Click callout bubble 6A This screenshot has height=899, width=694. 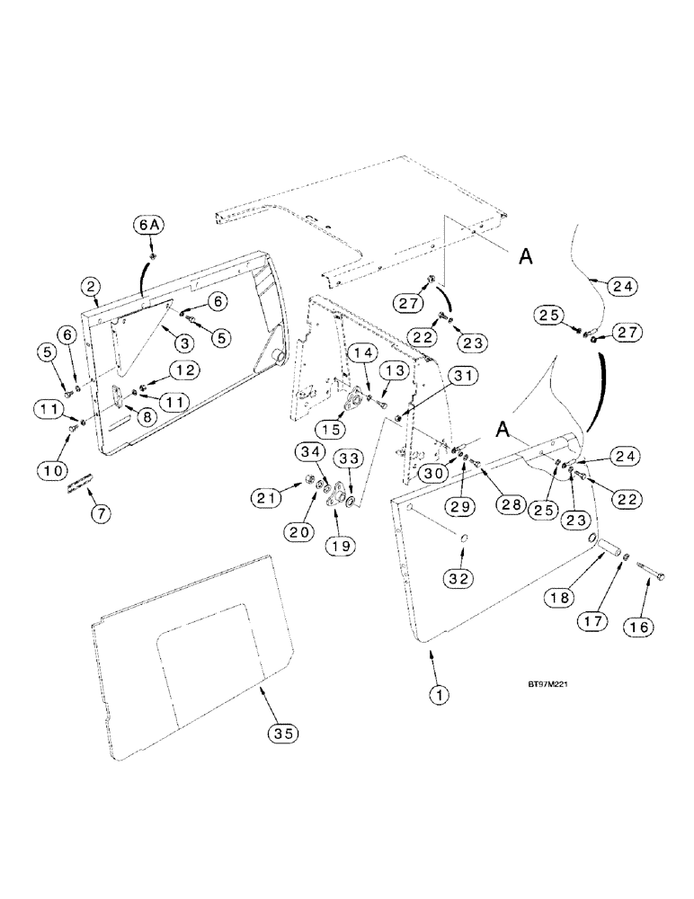[x=149, y=227]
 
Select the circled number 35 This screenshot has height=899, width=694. [x=284, y=733]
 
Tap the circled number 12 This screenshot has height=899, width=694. [x=183, y=369]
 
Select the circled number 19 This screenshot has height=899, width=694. [x=341, y=545]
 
